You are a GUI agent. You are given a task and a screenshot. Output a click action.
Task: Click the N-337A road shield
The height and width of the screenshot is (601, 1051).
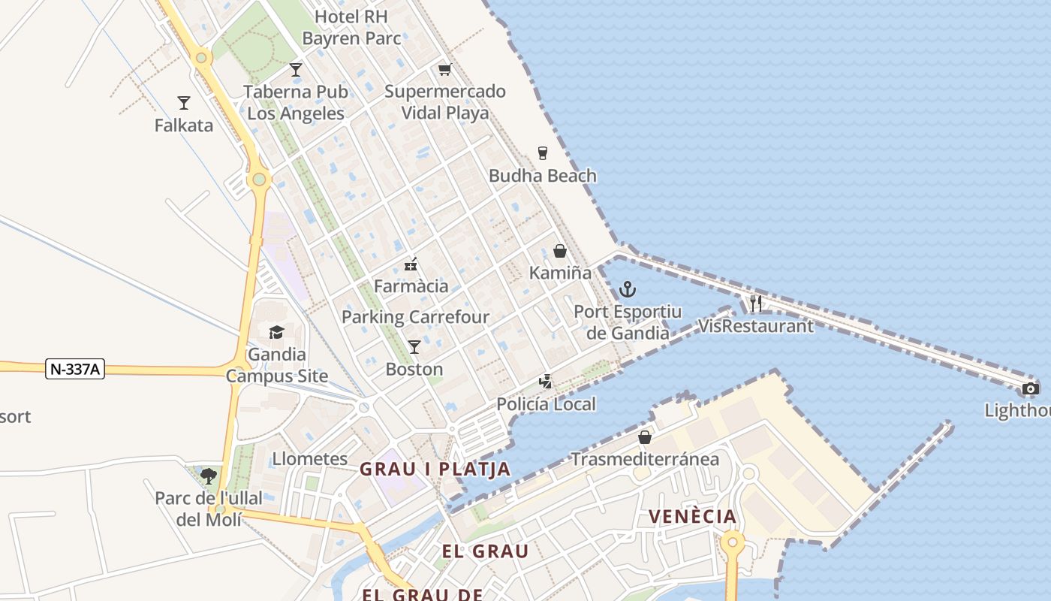75,369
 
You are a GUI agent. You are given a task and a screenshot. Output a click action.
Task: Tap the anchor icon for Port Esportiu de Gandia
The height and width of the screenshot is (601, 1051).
627,289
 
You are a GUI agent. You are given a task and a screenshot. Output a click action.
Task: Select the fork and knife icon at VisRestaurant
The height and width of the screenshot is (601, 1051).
756,304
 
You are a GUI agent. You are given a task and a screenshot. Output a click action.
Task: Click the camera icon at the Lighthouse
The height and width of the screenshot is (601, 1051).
1031,388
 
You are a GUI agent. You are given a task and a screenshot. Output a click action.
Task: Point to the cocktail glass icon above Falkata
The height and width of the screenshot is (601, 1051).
184,103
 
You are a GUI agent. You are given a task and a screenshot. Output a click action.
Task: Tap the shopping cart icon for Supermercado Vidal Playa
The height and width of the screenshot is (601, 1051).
444,70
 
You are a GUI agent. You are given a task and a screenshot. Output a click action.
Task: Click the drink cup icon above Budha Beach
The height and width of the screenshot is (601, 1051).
543,153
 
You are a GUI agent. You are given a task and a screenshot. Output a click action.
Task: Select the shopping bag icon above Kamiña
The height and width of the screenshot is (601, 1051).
560,251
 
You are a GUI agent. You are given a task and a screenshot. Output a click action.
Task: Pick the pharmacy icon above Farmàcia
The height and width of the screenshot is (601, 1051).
411,264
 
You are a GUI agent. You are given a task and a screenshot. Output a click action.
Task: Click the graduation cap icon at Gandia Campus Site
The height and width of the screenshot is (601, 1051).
276,332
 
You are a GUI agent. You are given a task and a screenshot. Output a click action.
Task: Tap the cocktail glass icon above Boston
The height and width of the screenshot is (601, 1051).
414,346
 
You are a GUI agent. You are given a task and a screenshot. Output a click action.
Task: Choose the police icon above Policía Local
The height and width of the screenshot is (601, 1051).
546,382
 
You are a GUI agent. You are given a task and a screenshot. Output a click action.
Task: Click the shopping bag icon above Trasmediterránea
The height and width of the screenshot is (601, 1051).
644,437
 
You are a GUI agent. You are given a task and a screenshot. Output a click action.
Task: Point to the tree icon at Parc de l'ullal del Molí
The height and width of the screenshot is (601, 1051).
209,475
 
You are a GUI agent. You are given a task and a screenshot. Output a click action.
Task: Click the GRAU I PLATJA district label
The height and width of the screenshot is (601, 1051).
435,470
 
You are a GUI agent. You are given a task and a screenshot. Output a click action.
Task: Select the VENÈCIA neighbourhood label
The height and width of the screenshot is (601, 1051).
692,517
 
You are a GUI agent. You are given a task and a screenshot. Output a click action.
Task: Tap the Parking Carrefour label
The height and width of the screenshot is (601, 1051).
415,317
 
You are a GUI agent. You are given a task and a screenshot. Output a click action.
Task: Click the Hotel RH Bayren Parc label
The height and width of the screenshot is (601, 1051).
351,27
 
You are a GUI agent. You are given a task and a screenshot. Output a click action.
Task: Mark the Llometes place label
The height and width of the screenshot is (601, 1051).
309,459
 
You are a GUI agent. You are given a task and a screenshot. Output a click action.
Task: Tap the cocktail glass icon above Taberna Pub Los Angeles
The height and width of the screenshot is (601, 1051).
296,70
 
